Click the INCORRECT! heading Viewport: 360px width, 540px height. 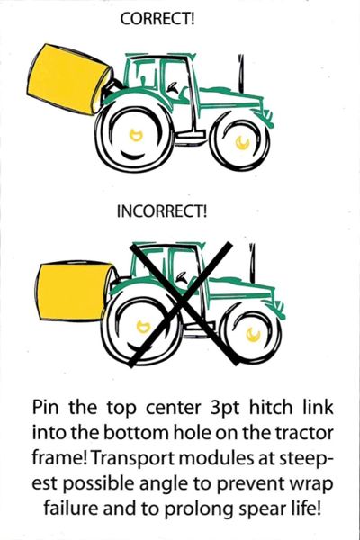[x=161, y=213]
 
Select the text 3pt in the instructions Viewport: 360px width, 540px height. [x=207, y=403]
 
